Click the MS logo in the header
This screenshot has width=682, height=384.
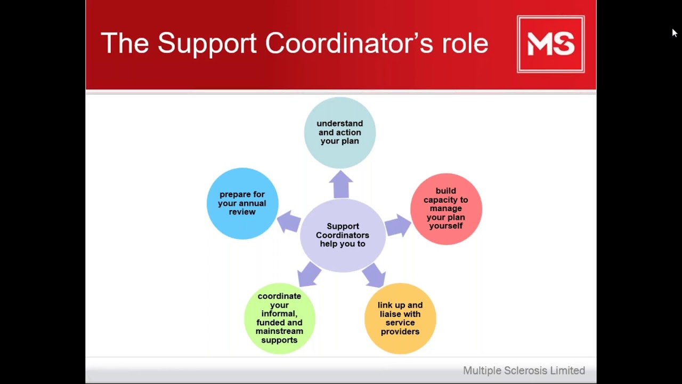[x=550, y=44]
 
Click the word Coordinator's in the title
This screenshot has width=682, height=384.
[x=349, y=43]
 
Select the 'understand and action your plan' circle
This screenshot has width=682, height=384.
[x=340, y=133]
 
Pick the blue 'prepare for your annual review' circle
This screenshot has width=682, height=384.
[x=242, y=203]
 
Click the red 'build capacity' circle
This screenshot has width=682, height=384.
[x=446, y=209]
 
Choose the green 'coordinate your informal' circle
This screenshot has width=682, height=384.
[x=279, y=318]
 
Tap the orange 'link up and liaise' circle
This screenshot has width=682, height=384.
[x=400, y=318]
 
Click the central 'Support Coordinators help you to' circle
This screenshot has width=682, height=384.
[x=343, y=235]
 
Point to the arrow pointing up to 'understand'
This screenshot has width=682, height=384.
[x=341, y=184]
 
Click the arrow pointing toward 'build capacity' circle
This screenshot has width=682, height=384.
[x=397, y=225]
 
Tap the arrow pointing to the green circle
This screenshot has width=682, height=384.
[x=309, y=274]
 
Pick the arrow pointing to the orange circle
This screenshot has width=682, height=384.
[x=374, y=274]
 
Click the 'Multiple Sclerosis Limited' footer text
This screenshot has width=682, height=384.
[x=524, y=370]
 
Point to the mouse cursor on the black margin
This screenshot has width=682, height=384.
[x=674, y=33]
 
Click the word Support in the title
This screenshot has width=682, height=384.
[x=207, y=43]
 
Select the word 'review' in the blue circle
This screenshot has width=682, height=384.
[x=242, y=212]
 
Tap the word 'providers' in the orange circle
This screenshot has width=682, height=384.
[x=400, y=331]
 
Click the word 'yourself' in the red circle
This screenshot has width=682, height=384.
[x=446, y=226]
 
